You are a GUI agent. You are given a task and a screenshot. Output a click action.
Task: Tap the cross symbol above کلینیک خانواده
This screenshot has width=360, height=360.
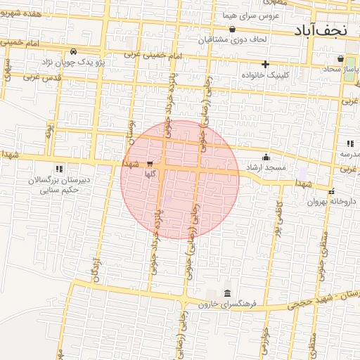click(265, 65)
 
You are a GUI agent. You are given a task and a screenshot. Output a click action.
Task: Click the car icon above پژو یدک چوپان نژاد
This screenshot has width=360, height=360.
click(74, 52)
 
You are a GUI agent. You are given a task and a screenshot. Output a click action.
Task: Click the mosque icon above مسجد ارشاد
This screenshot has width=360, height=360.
click(266, 157)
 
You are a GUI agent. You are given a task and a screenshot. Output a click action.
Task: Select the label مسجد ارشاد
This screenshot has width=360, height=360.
click(266, 167)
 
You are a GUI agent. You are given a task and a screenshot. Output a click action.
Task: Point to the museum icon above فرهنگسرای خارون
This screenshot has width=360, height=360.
click(227, 294)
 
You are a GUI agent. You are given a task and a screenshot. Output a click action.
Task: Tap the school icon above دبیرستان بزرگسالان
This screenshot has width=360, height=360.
click(59, 169)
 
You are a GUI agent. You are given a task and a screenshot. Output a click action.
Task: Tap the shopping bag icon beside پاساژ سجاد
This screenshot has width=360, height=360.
click(341, 58)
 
